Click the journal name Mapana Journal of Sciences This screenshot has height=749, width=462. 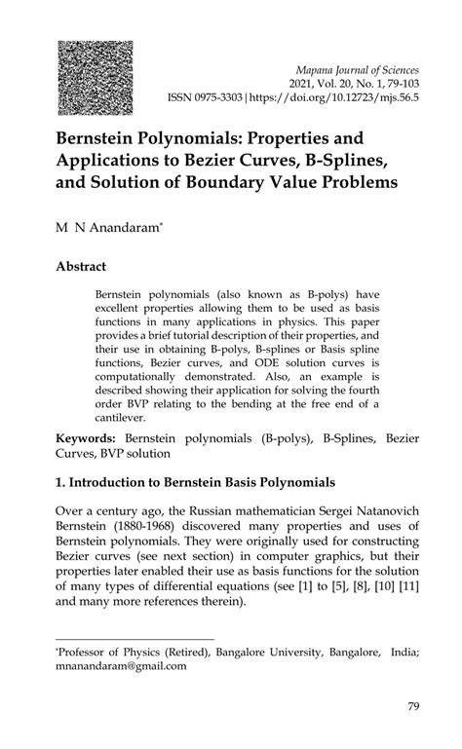click(x=363, y=70)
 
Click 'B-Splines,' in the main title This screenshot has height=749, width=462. click(x=357, y=159)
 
